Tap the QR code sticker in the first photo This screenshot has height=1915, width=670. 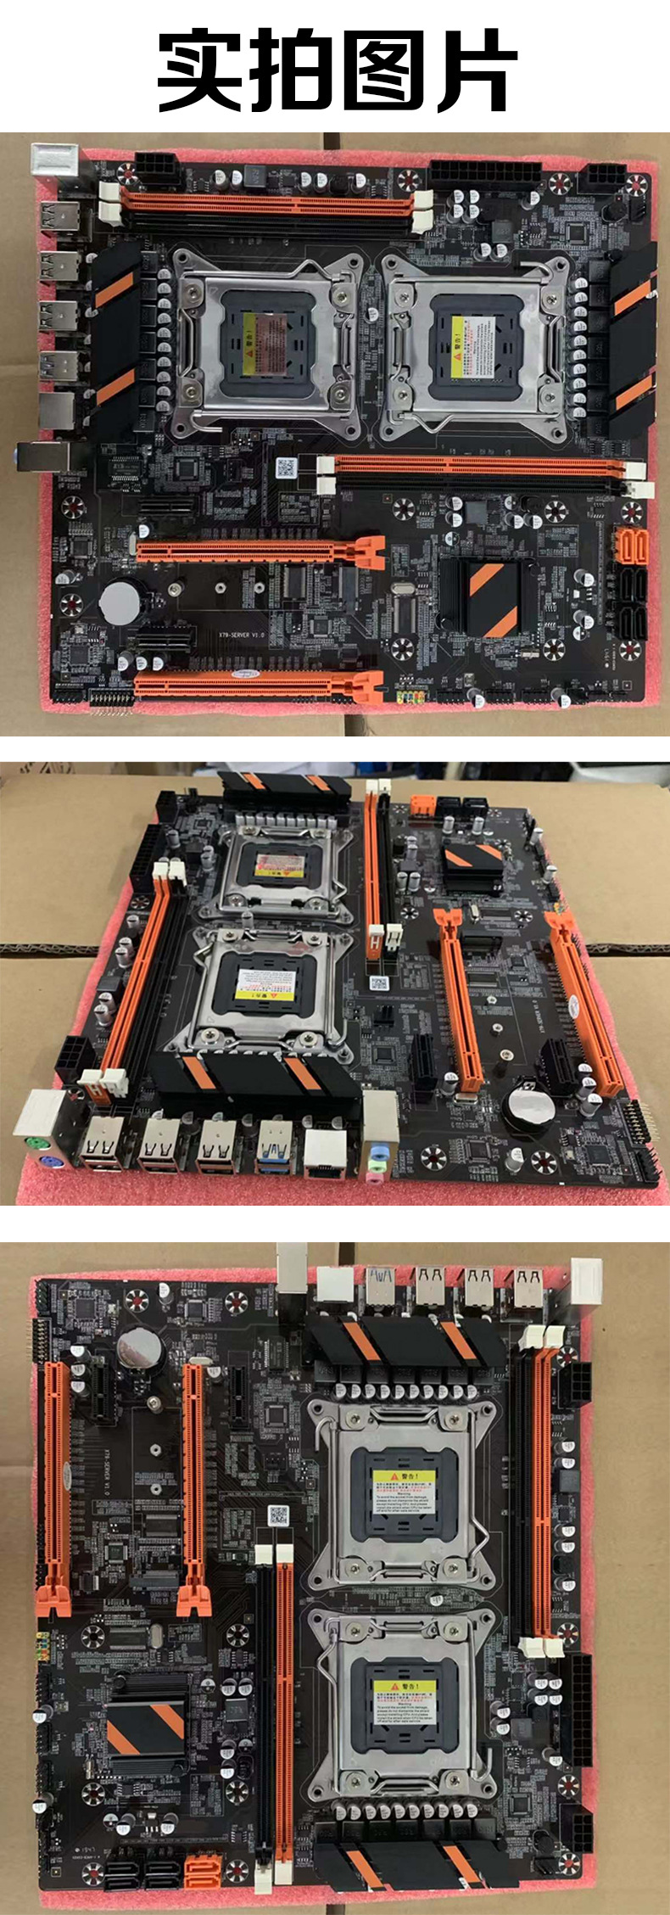coord(286,468)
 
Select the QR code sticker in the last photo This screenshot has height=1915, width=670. coord(278,1513)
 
